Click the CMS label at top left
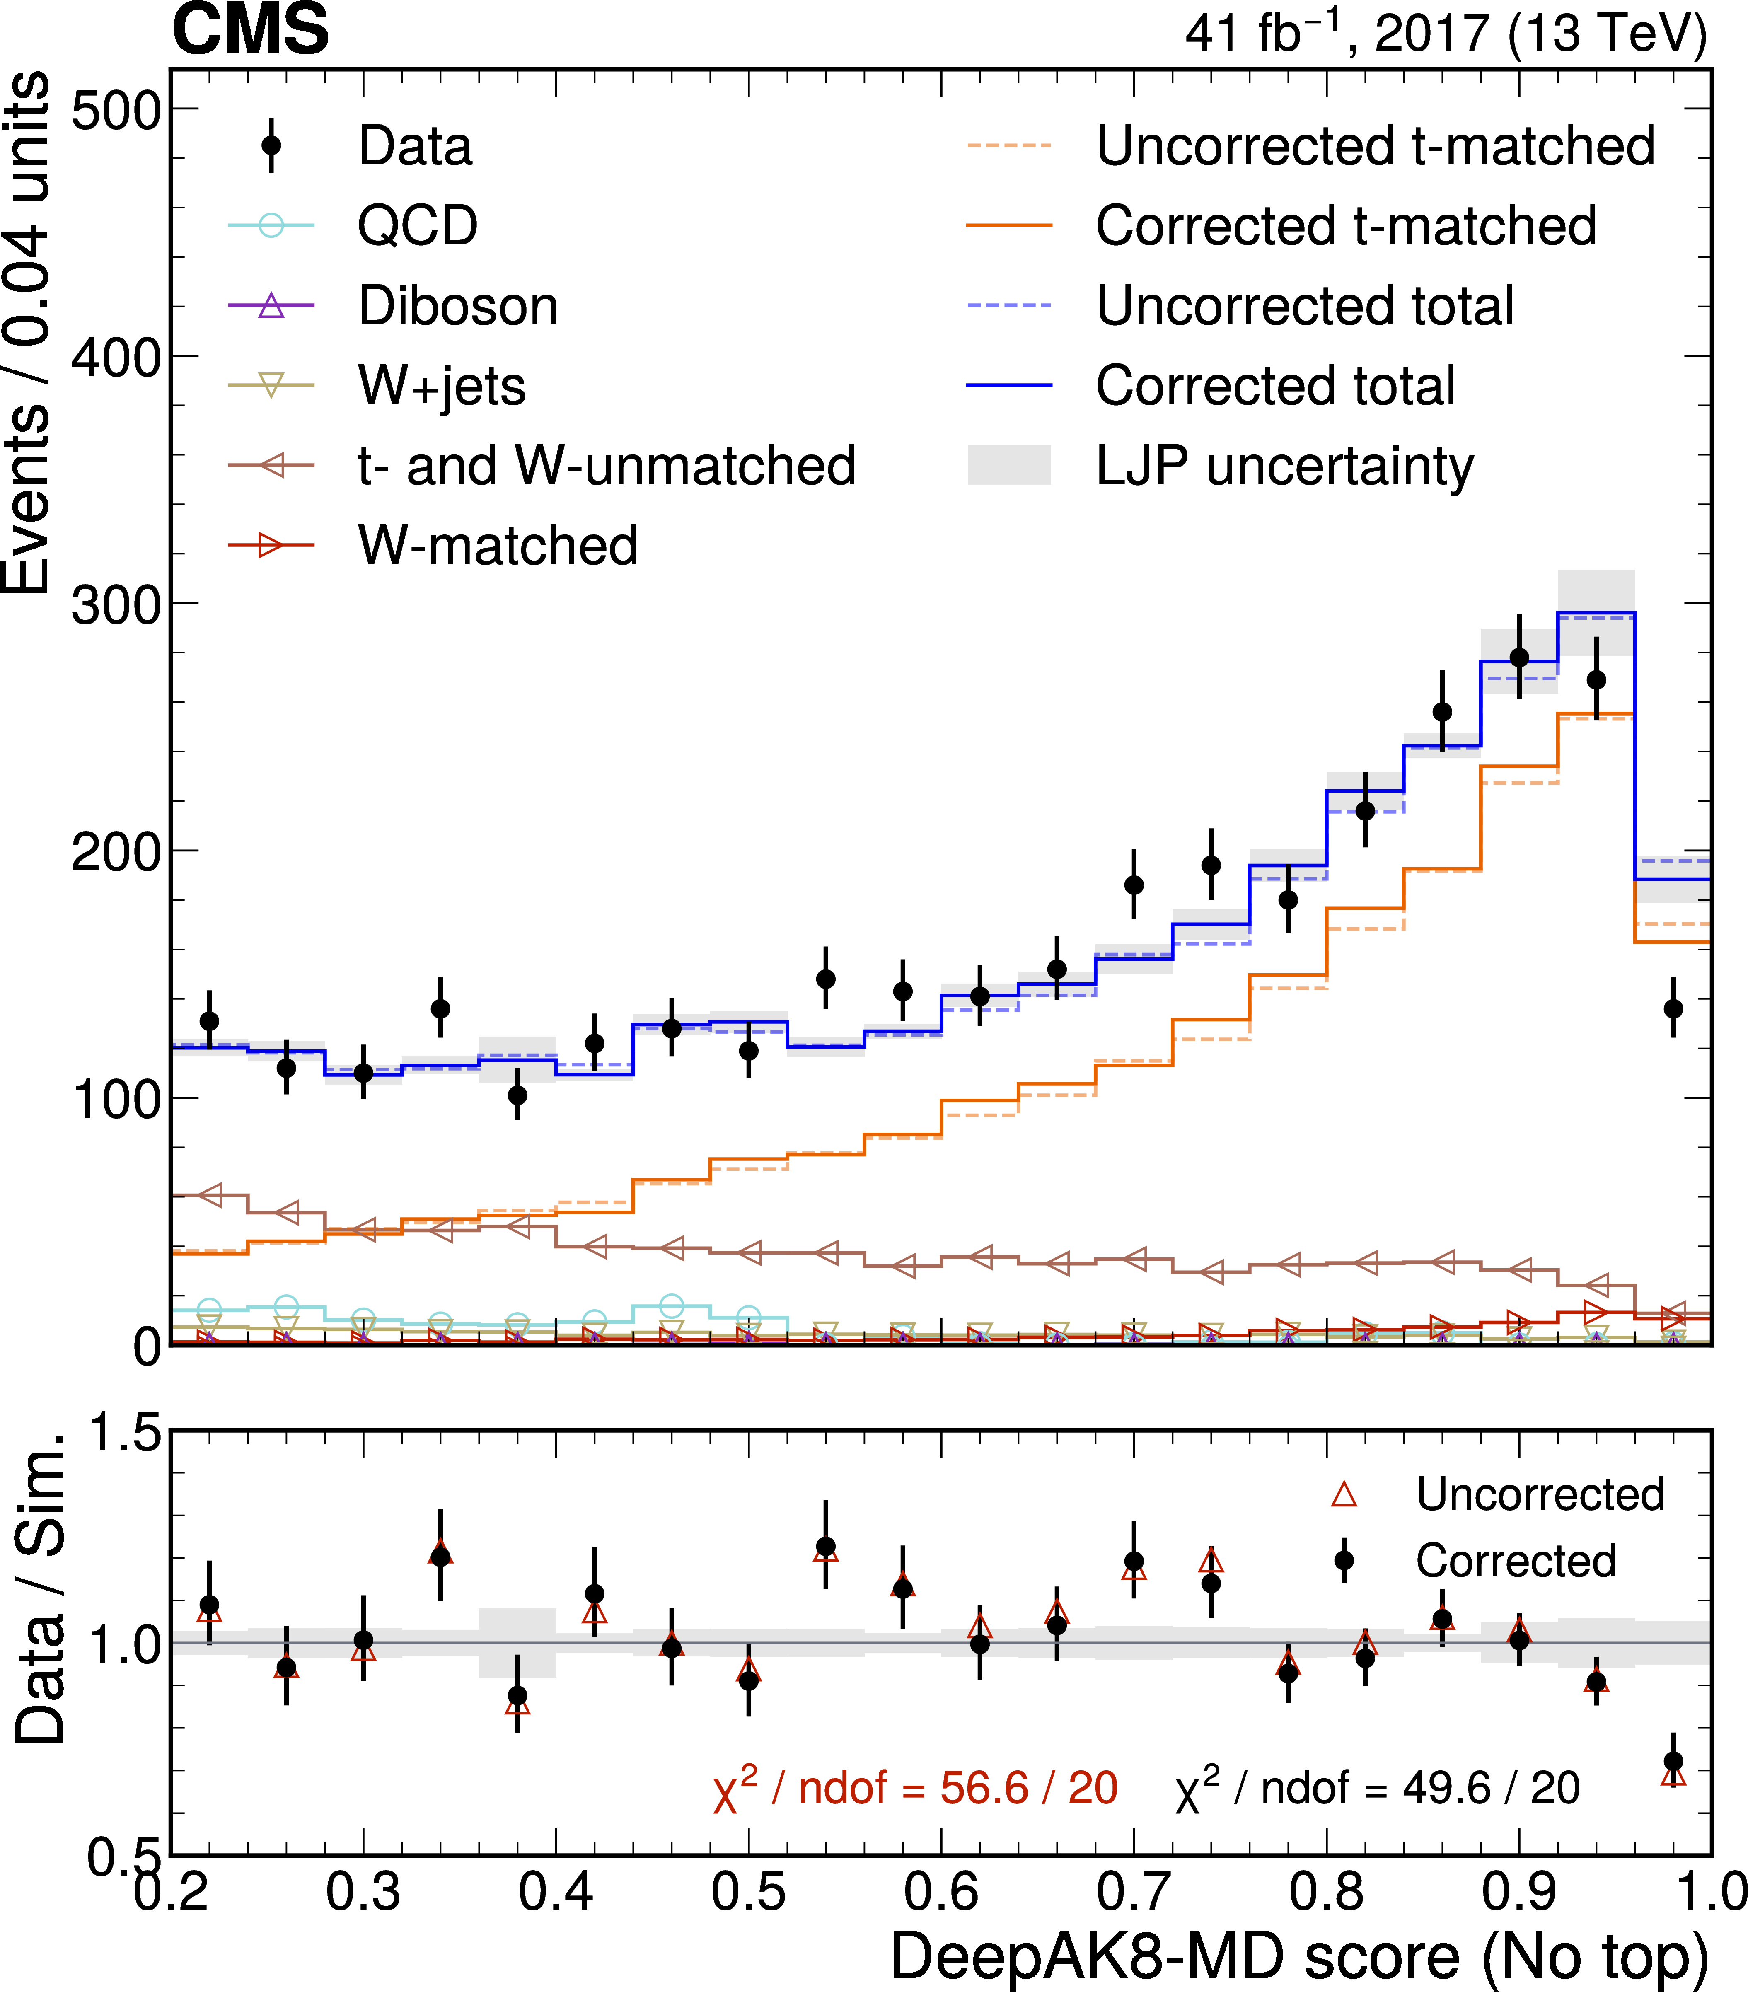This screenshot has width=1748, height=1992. point(250,29)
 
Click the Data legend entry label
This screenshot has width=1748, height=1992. point(415,146)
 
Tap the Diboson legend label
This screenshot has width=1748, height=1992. point(458,306)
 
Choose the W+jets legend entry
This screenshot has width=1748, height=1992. point(441,386)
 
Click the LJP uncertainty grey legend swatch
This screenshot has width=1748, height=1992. point(1008,466)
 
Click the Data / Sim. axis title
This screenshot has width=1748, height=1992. point(41,1588)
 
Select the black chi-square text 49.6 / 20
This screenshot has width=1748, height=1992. point(1377,1788)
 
